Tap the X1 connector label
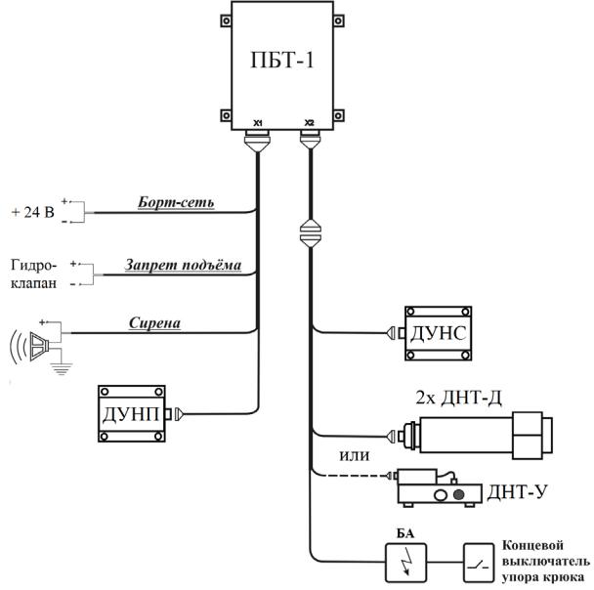click(258, 123)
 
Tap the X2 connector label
click(309, 123)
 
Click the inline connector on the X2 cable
click(309, 235)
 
